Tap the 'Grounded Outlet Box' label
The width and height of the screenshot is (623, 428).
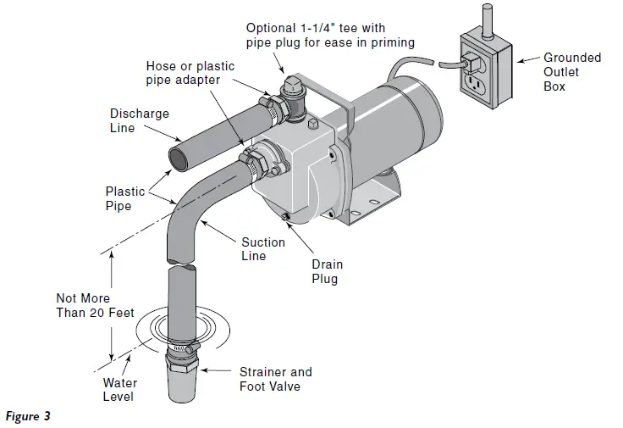tap(572, 72)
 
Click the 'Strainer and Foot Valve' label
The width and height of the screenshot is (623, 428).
tap(275, 379)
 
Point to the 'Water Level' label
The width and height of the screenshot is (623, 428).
tap(119, 389)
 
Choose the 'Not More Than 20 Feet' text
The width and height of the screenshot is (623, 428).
tap(95, 306)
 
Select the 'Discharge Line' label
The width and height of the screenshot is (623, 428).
tap(140, 120)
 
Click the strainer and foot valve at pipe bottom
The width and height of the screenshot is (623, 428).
tap(182, 379)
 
